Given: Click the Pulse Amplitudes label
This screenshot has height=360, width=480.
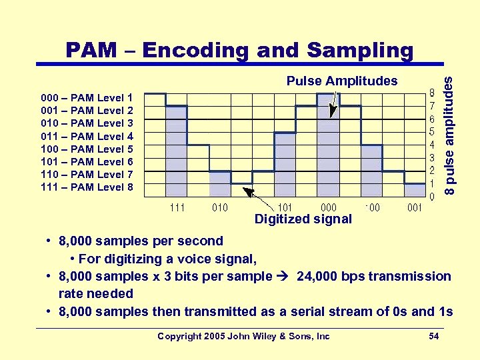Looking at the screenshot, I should tap(341, 81).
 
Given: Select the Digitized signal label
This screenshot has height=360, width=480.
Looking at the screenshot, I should tap(303, 219).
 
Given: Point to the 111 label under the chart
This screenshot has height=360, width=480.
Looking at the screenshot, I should tap(177, 207).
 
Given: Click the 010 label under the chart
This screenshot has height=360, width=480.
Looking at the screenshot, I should tap(219, 207).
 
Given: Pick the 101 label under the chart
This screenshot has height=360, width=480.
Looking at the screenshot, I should tap(285, 207).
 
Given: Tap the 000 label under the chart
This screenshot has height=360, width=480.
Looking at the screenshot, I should tap(328, 207).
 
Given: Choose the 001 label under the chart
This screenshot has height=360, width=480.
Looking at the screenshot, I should tap(415, 207).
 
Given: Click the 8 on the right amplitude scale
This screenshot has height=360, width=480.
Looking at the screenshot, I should tap(432, 93).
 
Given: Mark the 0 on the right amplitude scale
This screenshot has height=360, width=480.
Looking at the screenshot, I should tap(432, 197).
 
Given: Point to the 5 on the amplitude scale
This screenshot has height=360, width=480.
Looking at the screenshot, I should tap(432, 132).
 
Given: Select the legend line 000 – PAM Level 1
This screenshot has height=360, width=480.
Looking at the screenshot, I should tap(87, 97).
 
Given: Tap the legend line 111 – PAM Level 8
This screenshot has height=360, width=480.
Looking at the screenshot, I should tap(87, 187).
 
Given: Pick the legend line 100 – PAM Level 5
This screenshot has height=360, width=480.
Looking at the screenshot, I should tap(87, 149).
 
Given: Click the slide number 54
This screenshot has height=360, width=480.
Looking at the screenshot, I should tap(433, 336).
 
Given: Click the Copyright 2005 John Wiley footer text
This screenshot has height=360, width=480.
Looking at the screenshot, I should tap(243, 336).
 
